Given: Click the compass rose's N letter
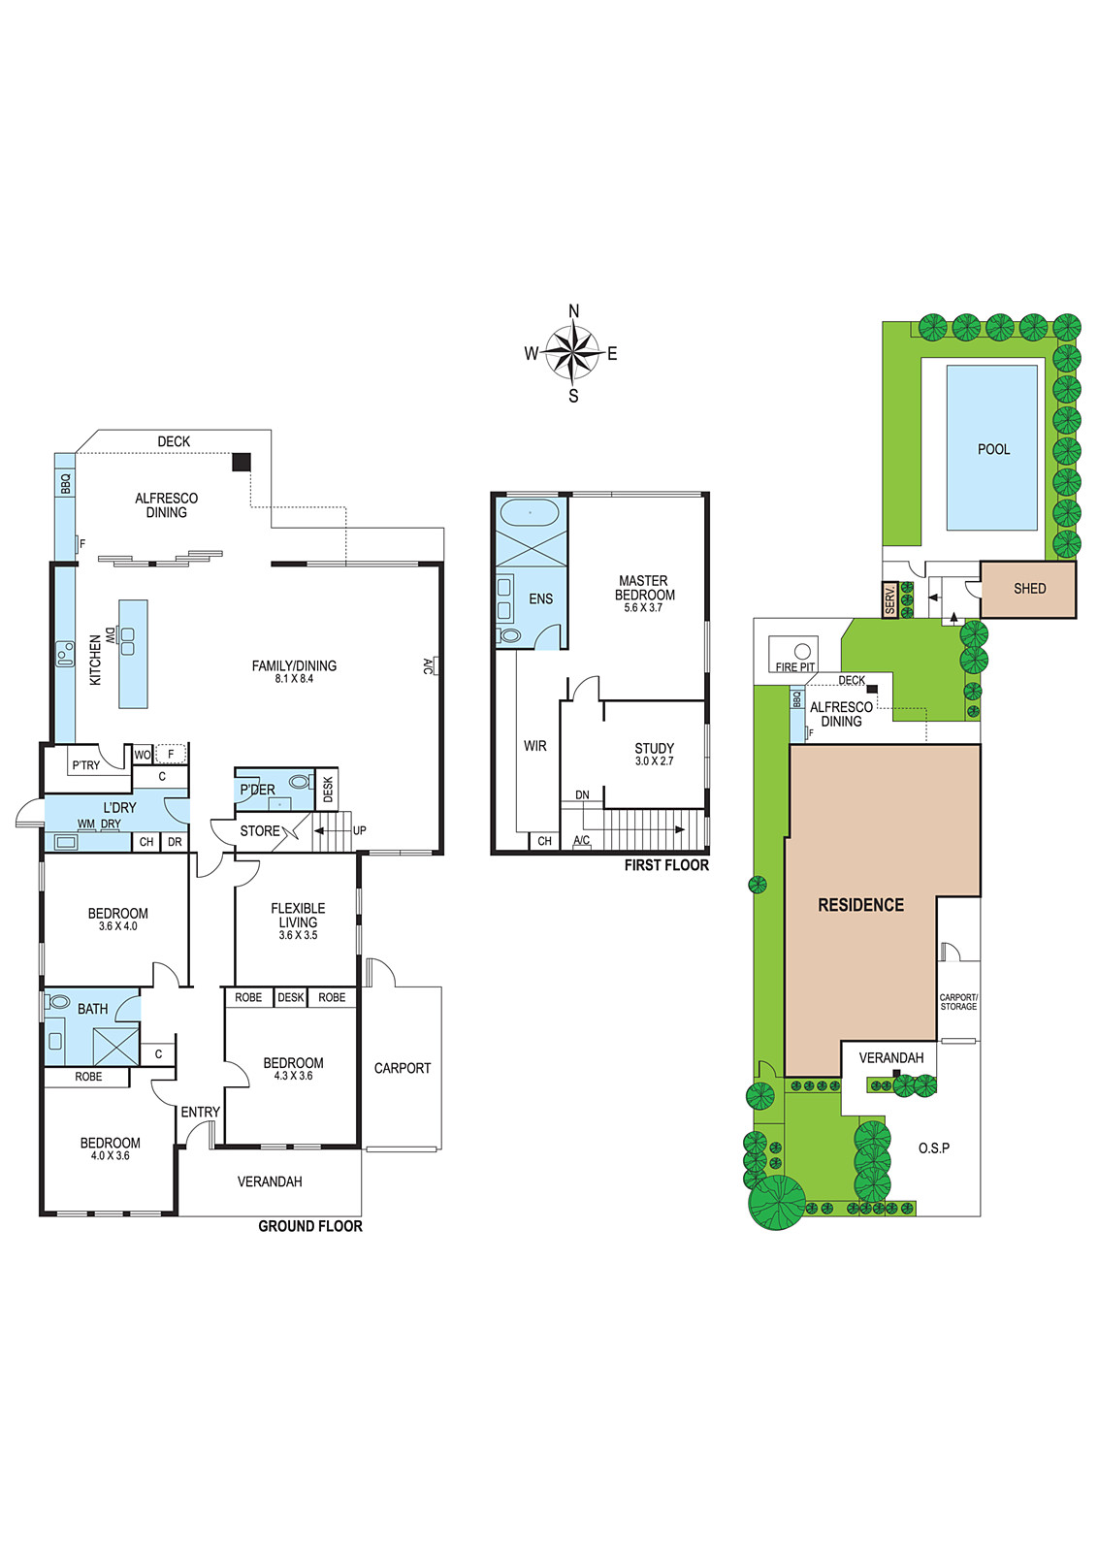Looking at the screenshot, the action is pyautogui.click(x=573, y=311).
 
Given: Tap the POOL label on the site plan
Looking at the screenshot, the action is pyautogui.click(x=993, y=449).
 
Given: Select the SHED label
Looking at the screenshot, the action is pyautogui.click(x=1029, y=588).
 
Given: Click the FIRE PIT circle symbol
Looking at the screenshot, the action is pyautogui.click(x=802, y=651).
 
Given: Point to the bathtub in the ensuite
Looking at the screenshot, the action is pyautogui.click(x=530, y=513).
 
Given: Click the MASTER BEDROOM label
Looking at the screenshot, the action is pyautogui.click(x=644, y=588).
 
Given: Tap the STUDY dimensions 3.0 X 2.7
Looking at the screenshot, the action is pyautogui.click(x=654, y=760).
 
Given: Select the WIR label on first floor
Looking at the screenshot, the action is pyautogui.click(x=534, y=746).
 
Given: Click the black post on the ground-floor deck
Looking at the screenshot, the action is pyautogui.click(x=242, y=462).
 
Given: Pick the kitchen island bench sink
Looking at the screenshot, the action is pyautogui.click(x=127, y=641).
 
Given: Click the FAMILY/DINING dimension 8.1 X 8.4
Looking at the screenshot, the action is pyautogui.click(x=295, y=678).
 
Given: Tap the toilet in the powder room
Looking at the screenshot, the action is pyautogui.click(x=301, y=782).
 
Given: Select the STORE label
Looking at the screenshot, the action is pyautogui.click(x=260, y=830).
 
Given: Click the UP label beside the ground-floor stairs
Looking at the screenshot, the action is pyautogui.click(x=359, y=830).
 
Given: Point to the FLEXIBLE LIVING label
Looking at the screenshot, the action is pyautogui.click(x=298, y=915).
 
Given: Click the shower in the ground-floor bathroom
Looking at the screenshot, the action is pyautogui.click(x=115, y=1047).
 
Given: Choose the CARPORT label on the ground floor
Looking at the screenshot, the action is pyautogui.click(x=403, y=1068).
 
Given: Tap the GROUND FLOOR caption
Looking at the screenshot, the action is pyautogui.click(x=310, y=1245).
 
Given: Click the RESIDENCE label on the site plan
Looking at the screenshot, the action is pyautogui.click(x=861, y=905).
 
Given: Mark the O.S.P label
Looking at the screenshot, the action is pyautogui.click(x=934, y=1148).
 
